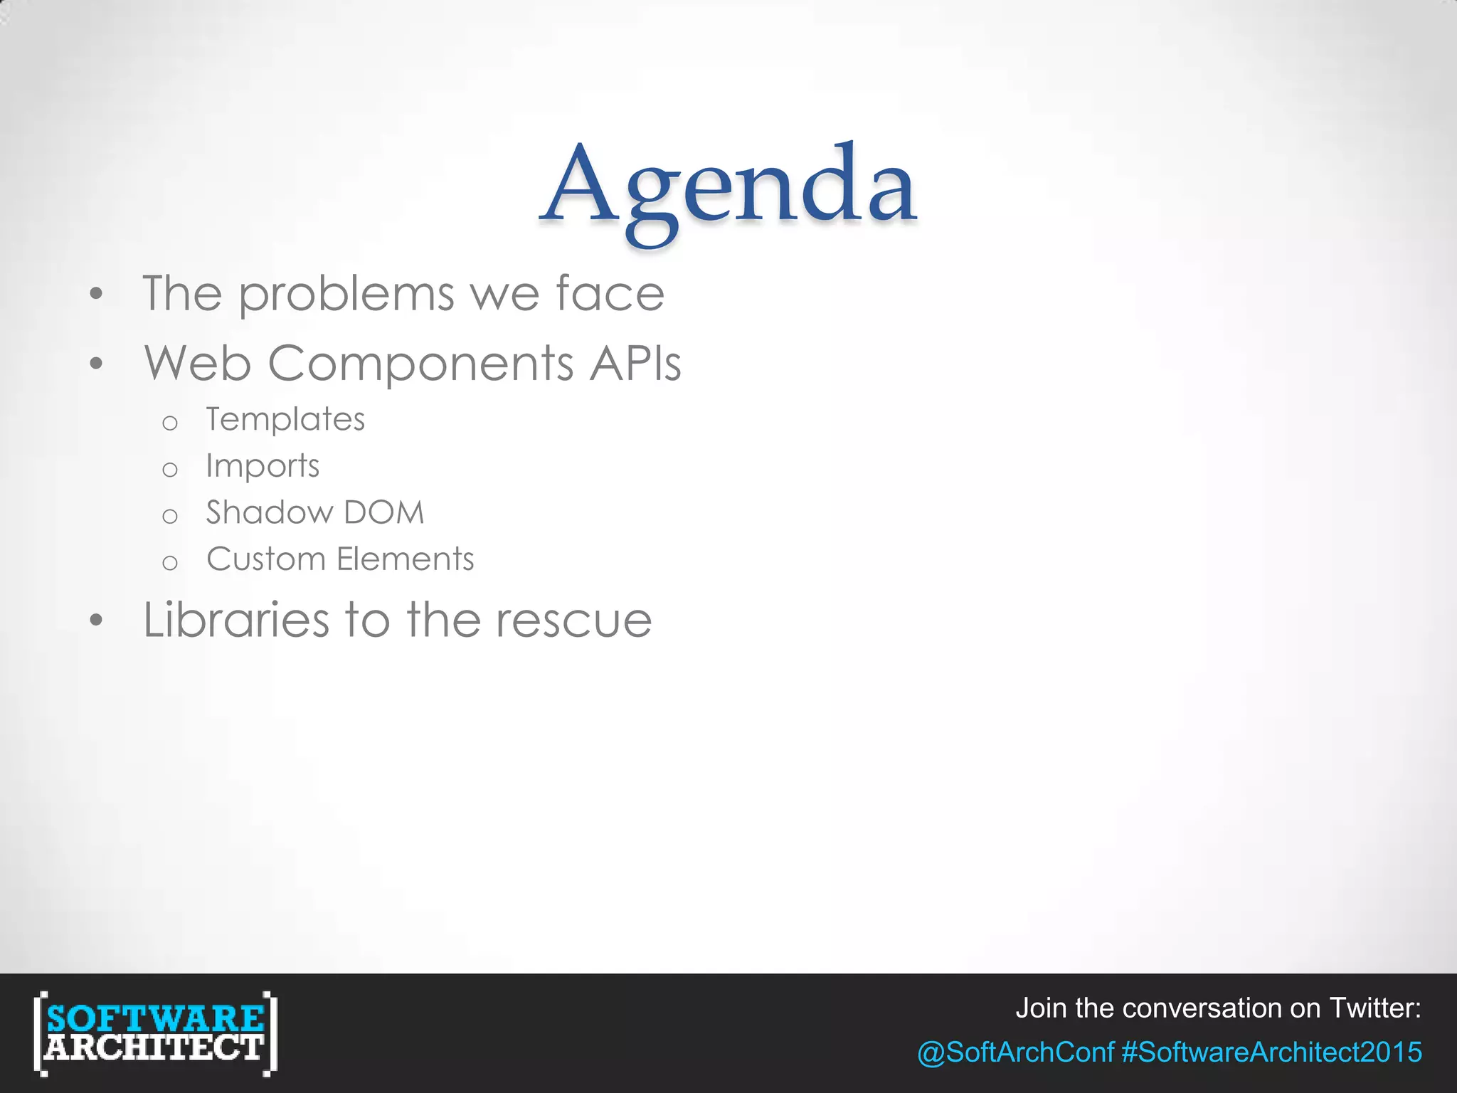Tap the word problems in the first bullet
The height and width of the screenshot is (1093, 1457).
[x=346, y=295]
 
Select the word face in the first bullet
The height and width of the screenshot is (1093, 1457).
[x=610, y=293]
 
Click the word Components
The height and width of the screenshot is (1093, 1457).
[x=420, y=364]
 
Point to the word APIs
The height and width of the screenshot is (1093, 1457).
[x=635, y=363]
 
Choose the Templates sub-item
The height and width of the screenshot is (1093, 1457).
[x=285, y=420]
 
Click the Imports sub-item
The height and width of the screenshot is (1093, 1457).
[x=263, y=467]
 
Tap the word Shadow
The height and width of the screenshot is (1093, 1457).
[x=270, y=512]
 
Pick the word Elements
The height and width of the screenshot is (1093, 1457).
[x=406, y=559]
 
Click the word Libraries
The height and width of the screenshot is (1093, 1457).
[x=236, y=620]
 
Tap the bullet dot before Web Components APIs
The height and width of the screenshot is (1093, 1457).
[x=97, y=364]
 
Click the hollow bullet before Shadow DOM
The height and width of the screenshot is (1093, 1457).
[x=169, y=516]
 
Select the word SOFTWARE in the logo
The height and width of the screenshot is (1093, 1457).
[x=155, y=1018]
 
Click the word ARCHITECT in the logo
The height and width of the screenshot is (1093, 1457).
[x=154, y=1048]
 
